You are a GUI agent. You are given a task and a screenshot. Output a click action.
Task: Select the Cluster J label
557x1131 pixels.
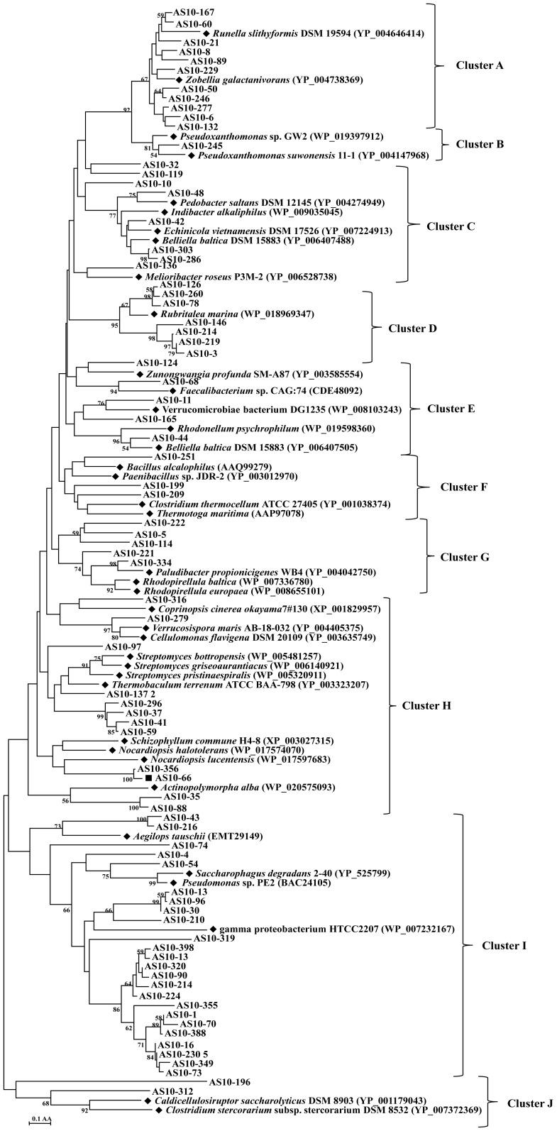[x=529, y=1103]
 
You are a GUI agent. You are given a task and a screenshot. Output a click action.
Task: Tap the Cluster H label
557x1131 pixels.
[x=427, y=706]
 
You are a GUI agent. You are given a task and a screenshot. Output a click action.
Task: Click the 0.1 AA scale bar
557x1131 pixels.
[x=40, y=1120]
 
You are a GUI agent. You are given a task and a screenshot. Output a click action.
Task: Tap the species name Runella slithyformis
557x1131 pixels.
[x=253, y=33]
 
